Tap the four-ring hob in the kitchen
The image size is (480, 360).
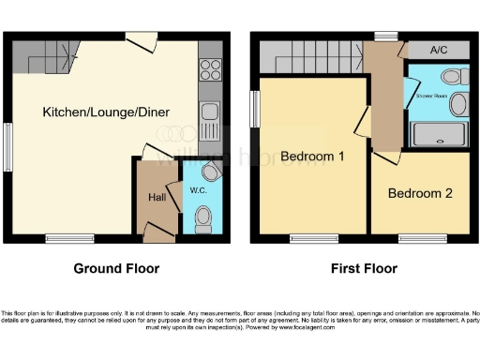coord(210,69)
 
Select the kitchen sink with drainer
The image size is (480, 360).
coord(210,116)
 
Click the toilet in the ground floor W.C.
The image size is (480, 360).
coord(202,219)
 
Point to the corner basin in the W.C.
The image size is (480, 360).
coord(210,170)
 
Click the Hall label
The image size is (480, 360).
coord(157,198)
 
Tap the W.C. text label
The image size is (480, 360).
coord(199,191)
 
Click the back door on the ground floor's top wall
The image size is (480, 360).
coord(142,41)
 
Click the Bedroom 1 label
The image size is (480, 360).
coord(312,157)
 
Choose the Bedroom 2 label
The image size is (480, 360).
coord(420,194)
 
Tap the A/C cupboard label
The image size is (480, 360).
coord(438,50)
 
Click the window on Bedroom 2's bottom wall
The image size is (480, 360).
coord(418,238)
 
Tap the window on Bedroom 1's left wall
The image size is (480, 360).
coord(253,107)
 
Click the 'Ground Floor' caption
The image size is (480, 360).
coord(116,269)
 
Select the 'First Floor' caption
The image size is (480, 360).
coord(364,269)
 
